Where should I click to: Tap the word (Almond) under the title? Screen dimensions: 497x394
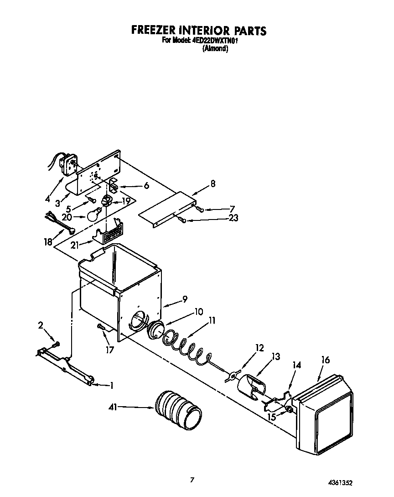tap(215, 48)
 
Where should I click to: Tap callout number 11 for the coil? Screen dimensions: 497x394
tap(212, 320)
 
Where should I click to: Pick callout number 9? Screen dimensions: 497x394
tap(185, 299)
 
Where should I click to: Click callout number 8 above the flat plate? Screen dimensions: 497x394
tap(213, 184)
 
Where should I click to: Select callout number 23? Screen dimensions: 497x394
tap(233, 219)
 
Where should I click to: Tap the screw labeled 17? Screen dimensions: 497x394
tap(100, 327)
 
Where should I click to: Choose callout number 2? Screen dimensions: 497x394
tap(41, 325)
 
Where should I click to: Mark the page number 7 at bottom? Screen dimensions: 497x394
tap(192, 480)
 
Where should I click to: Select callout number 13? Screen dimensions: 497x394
tap(275, 356)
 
